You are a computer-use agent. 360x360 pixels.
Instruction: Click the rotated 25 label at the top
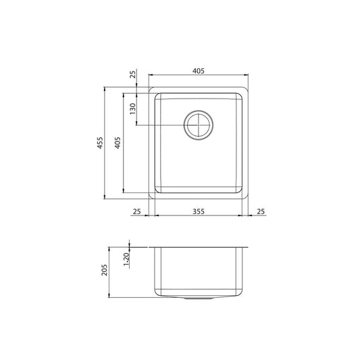tap(132, 75)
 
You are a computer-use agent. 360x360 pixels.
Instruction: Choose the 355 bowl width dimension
tap(198, 211)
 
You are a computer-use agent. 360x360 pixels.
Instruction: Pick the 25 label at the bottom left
tap(136, 211)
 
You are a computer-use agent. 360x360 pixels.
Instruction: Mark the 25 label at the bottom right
tap(260, 211)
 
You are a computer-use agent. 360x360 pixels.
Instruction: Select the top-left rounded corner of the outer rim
tap(151, 89)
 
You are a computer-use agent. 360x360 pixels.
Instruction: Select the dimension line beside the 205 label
tap(112, 272)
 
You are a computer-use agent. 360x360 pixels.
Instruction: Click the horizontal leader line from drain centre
tap(162, 126)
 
